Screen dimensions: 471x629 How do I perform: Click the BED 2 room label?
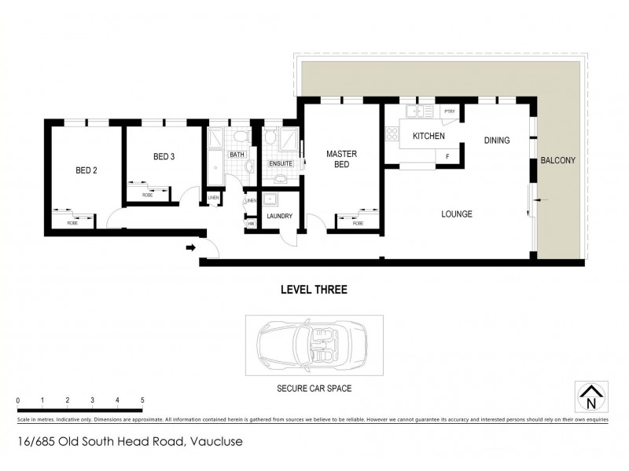pyautogui.click(x=86, y=170)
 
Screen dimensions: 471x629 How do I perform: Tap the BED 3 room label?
pyautogui.click(x=164, y=157)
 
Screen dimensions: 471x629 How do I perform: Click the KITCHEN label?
pyautogui.click(x=429, y=137)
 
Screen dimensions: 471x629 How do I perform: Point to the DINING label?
pyautogui.click(x=497, y=141)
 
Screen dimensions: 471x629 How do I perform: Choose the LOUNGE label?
pyautogui.click(x=456, y=214)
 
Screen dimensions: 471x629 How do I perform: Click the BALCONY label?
pyautogui.click(x=558, y=161)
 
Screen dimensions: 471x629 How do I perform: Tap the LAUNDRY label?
pyautogui.click(x=280, y=216)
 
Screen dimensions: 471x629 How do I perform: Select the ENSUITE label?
pyautogui.click(x=281, y=163)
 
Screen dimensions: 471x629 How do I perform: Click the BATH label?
pyautogui.click(x=237, y=155)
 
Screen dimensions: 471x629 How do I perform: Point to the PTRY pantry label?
pyautogui.click(x=450, y=111)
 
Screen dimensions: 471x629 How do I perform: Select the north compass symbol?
pyautogui.click(x=590, y=397)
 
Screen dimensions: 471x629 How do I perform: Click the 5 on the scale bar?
pyautogui.click(x=142, y=400)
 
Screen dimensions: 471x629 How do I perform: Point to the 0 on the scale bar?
pyautogui.click(x=17, y=400)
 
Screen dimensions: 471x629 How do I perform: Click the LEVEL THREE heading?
pyautogui.click(x=314, y=290)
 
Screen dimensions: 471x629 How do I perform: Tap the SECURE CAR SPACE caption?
pyautogui.click(x=314, y=387)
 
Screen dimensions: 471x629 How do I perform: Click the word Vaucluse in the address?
pyautogui.click(x=214, y=442)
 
